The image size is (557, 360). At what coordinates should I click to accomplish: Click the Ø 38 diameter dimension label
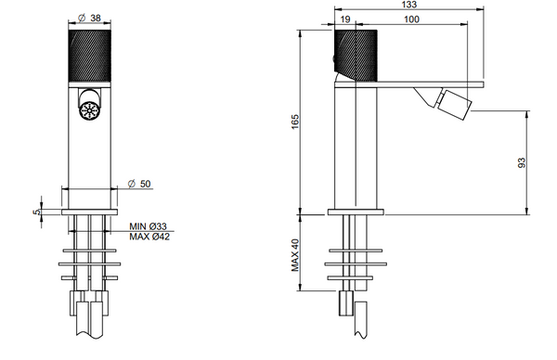tap(89, 18)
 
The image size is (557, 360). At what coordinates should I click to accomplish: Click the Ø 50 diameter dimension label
tap(139, 184)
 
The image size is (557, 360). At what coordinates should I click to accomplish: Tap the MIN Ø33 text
tap(148, 226)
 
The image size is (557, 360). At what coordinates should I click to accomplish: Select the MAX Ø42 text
tap(149, 237)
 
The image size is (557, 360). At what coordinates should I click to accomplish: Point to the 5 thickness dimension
tap(36, 212)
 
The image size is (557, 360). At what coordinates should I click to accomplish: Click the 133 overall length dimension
tap(409, 5)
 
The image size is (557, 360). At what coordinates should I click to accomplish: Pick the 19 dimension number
tap(345, 19)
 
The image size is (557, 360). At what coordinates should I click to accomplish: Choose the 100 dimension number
tap(411, 19)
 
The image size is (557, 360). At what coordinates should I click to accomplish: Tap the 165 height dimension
tap(295, 122)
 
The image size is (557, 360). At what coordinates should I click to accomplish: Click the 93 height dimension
tap(522, 162)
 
